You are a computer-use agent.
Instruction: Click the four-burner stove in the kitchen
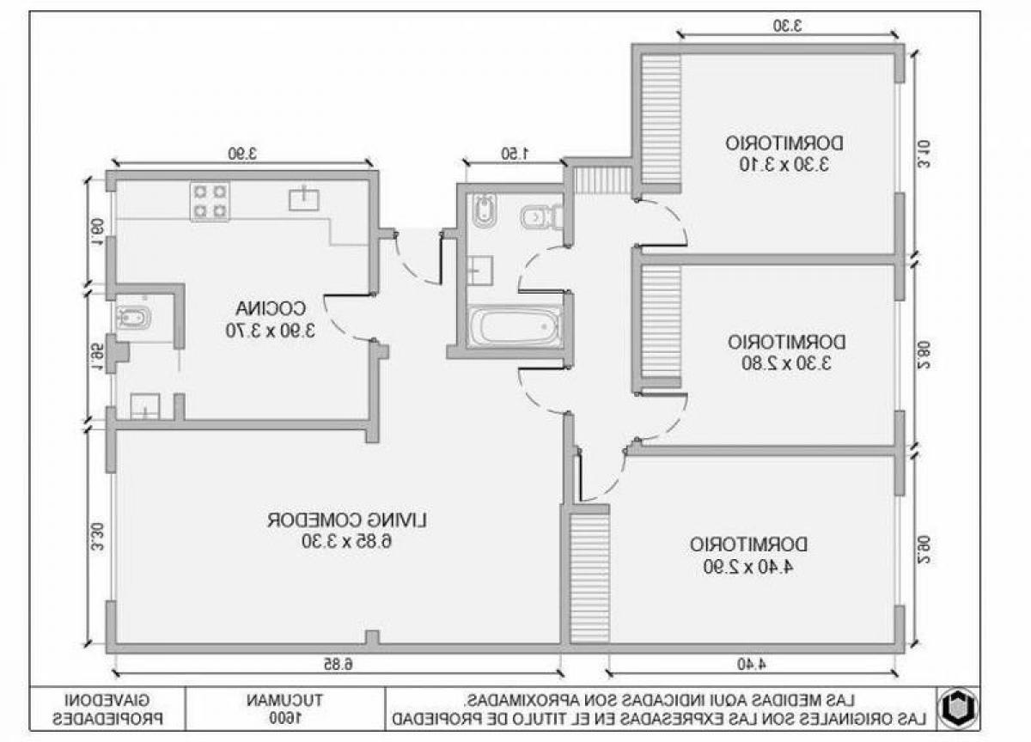(x=210, y=201)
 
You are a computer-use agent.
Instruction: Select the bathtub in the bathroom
(x=515, y=327)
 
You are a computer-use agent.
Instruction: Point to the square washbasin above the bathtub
(x=481, y=271)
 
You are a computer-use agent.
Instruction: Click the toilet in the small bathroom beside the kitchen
(x=134, y=318)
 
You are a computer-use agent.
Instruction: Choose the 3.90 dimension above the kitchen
(x=243, y=154)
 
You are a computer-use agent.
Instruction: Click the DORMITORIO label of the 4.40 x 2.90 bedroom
(x=748, y=544)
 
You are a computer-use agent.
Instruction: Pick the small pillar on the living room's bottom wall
(x=371, y=637)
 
